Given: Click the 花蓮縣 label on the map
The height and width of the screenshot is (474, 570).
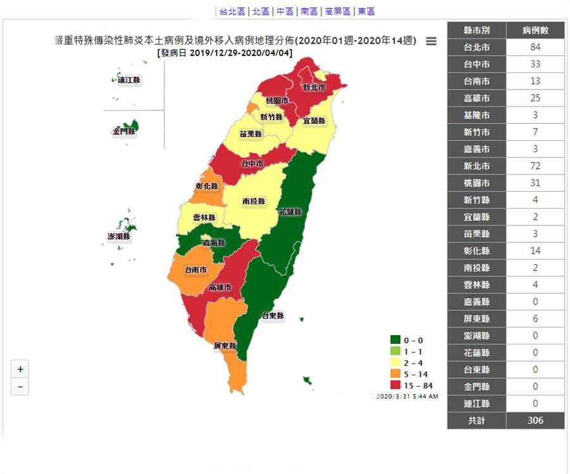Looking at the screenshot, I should pyautogui.click(x=289, y=212).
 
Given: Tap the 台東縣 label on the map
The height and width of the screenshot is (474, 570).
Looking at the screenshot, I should pyautogui.click(x=274, y=315).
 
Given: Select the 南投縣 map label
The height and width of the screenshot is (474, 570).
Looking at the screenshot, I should pyautogui.click(x=253, y=201).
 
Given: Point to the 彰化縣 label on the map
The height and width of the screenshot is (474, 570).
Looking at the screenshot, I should pyautogui.click(x=207, y=187).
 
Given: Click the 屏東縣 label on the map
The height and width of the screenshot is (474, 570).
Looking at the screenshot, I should pyautogui.click(x=225, y=346).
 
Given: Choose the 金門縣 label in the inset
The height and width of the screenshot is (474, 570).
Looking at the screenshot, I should pyautogui.click(x=124, y=132).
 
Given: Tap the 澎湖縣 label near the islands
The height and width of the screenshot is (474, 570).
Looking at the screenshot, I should pyautogui.click(x=118, y=237).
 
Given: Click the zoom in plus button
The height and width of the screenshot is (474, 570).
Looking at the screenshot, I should pyautogui.click(x=20, y=369).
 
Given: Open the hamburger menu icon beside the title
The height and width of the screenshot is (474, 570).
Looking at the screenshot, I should pyautogui.click(x=431, y=41).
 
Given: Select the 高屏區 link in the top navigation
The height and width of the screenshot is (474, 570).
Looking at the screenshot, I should pyautogui.click(x=337, y=11).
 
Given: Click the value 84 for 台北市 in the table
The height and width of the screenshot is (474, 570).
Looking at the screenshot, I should pyautogui.click(x=535, y=48).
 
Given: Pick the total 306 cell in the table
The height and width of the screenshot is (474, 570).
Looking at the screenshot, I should pyautogui.click(x=535, y=420).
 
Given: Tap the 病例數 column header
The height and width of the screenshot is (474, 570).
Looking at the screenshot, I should pyautogui.click(x=535, y=30).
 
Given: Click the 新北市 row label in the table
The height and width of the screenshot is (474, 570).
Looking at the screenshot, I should pyautogui.click(x=476, y=166).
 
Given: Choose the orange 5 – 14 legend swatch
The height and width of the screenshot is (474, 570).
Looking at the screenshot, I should pyautogui.click(x=395, y=374).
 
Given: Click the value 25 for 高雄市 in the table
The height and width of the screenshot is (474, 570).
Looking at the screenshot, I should pyautogui.click(x=535, y=98).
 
